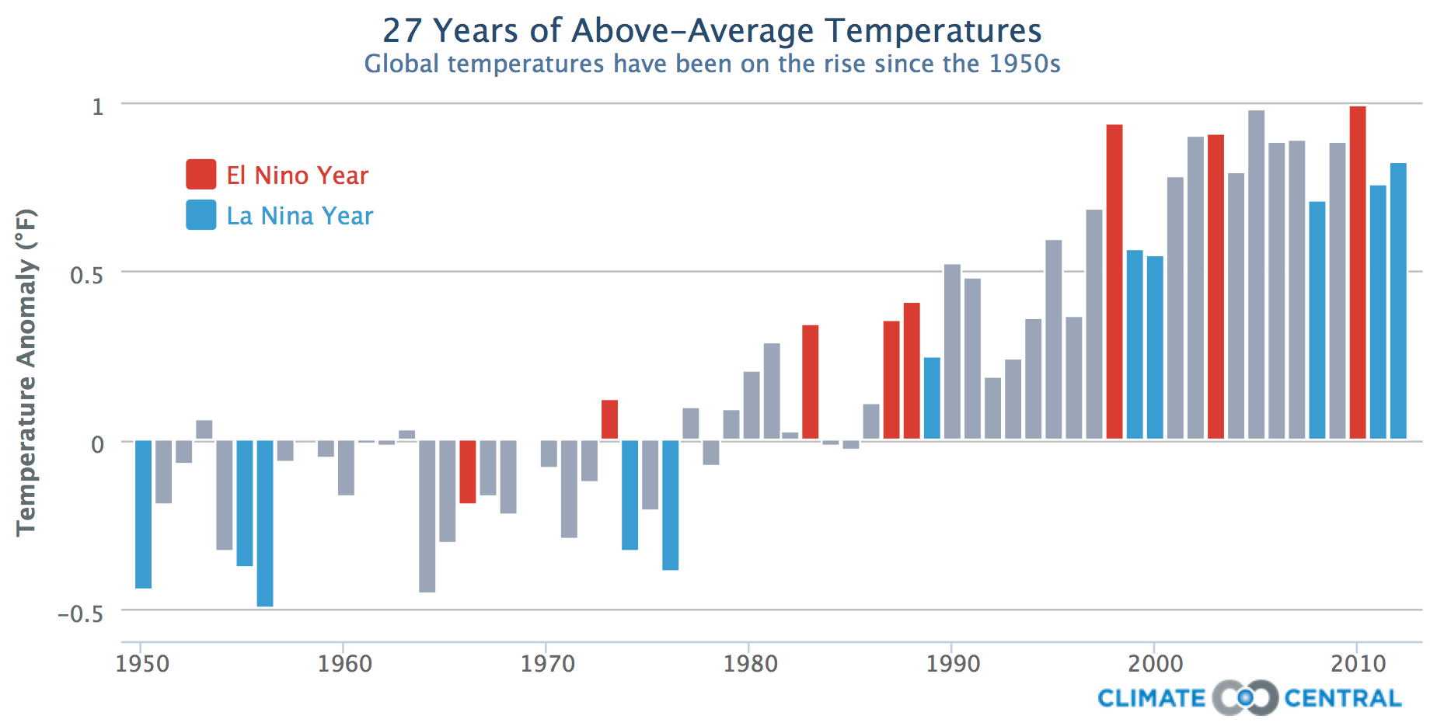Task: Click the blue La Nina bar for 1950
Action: [143, 514]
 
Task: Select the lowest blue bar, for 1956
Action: [265, 523]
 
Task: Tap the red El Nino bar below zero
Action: [467, 472]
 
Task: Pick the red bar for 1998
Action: [1114, 282]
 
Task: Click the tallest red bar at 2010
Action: [1358, 273]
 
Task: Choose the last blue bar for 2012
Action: [1398, 301]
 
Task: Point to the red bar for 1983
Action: [811, 382]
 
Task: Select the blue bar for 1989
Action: [932, 398]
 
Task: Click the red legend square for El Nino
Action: [201, 175]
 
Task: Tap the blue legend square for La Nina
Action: [201, 215]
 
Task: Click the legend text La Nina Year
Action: [300, 216]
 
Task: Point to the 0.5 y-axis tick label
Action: [86, 275]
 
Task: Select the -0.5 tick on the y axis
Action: [81, 614]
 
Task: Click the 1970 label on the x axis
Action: [547, 664]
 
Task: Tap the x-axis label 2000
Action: [1155, 664]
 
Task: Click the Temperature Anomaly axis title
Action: [26, 373]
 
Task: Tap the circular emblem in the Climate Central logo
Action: [1245, 697]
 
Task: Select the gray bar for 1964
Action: [427, 516]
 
